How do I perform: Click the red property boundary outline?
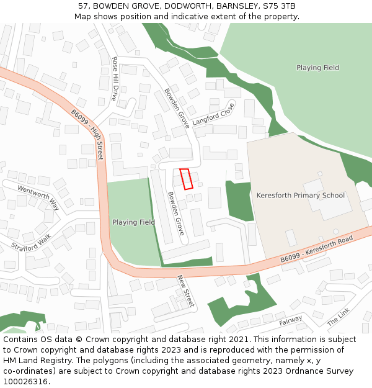tap(186, 178)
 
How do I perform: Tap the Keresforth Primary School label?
tap(300, 196)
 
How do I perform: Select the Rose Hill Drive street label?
tap(115, 79)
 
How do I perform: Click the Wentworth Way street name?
tap(38, 197)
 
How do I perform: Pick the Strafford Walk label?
tap(32, 242)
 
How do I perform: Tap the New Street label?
tap(185, 291)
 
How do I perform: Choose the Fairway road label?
tap(290, 320)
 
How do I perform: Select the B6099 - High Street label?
tap(87, 135)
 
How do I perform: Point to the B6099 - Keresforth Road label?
tap(316, 248)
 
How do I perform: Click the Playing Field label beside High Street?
tap(133, 222)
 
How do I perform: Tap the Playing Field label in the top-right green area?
tap(317, 68)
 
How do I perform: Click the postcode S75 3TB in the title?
tap(279, 6)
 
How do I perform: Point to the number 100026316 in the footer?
tap(25, 382)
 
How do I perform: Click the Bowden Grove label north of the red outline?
tap(176, 108)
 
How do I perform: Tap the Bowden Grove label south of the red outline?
tap(175, 213)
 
